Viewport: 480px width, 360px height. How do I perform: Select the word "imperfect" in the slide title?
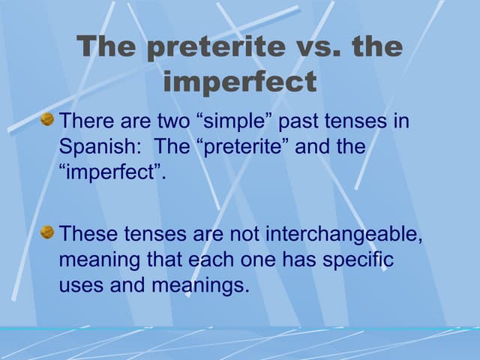point(240,82)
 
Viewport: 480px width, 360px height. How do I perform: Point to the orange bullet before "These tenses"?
point(47,232)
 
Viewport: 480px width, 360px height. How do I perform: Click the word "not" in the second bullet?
point(242,234)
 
